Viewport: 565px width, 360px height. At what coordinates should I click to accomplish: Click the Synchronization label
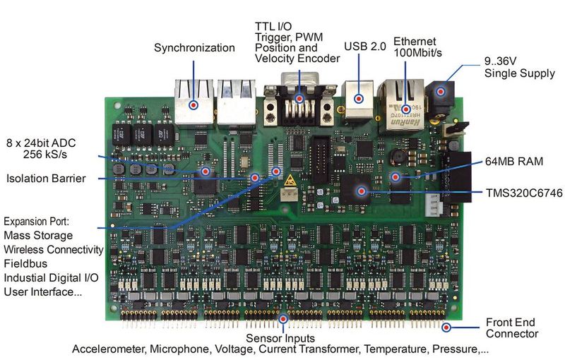coord(194,48)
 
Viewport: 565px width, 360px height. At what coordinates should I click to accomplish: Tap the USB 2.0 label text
coord(364,47)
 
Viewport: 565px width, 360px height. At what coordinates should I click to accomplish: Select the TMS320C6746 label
coord(524,193)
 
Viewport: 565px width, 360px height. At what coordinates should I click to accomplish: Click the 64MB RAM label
coord(514,161)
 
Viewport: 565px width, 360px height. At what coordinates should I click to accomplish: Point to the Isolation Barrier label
coord(46,179)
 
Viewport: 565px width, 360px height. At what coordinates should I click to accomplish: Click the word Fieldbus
coord(25,263)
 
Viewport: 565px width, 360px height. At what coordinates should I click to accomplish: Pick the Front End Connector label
coord(511,328)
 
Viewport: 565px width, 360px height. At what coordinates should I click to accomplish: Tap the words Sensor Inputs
coord(280,338)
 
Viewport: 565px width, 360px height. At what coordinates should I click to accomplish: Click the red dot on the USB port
coord(359,99)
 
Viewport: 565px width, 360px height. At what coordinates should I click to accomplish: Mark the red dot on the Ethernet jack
coord(406,109)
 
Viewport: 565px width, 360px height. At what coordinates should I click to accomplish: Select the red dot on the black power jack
coord(441,92)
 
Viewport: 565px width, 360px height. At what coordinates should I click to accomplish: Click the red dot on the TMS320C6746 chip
coord(361,191)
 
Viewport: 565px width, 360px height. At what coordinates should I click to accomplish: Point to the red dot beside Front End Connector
coord(446,328)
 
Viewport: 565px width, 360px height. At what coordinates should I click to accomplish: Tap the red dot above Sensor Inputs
coord(283,319)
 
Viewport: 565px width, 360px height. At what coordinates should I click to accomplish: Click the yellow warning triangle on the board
coord(290,180)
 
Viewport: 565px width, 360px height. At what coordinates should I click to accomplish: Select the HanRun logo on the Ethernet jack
coord(405,122)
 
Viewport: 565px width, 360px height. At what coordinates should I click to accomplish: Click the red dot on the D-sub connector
coord(299,98)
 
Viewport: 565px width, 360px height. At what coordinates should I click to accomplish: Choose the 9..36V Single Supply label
coord(519,67)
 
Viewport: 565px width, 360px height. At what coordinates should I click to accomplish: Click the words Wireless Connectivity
coord(54,249)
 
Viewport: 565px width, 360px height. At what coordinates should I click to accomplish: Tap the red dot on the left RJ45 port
coord(194,104)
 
